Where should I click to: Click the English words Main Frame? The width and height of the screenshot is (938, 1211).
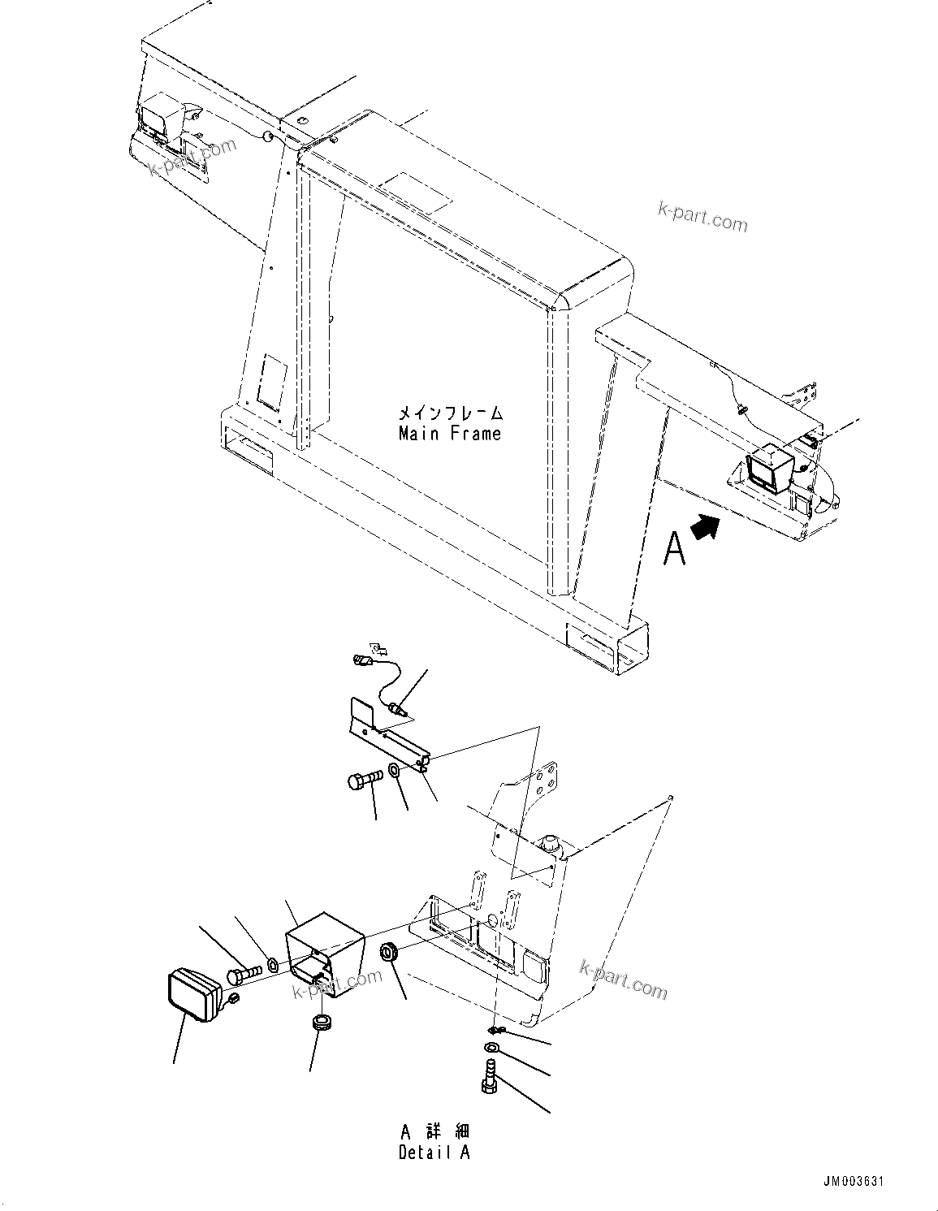tap(449, 434)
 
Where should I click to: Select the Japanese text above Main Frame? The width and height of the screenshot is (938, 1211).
tap(449, 414)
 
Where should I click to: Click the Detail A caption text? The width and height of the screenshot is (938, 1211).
tap(434, 1152)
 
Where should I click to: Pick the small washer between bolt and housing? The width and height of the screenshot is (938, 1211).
tap(274, 965)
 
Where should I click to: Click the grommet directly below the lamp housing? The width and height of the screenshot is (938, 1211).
tap(321, 1022)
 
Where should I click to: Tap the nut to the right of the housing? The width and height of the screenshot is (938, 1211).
tap(390, 951)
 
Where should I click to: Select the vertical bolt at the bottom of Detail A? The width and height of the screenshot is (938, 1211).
tap(489, 1076)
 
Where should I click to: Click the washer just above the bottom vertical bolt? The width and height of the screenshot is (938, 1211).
tap(491, 1048)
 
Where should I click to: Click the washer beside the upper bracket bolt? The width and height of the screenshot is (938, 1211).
tap(394, 770)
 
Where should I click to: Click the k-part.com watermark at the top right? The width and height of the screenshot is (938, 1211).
tap(702, 218)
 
